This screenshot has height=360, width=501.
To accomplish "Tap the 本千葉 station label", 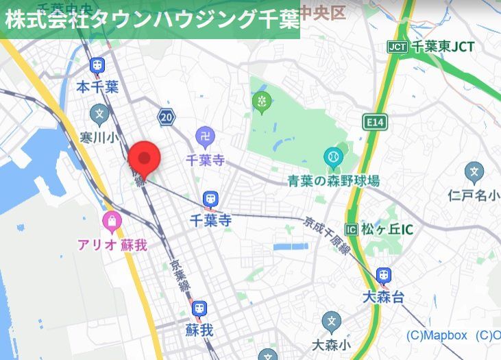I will [x=97, y=87].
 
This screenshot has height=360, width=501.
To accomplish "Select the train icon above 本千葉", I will [x=97, y=66].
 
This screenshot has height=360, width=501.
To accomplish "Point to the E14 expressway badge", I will [x=374, y=122].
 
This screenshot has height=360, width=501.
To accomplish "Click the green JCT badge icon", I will [x=398, y=47].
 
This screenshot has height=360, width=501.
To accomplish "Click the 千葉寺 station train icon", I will [x=210, y=200].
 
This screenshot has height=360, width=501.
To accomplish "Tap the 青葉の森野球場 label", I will [x=333, y=181].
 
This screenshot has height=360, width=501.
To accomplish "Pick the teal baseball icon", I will [x=333, y=158].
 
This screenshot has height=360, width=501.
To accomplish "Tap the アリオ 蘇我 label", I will [x=112, y=245].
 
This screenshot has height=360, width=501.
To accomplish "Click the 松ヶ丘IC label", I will [x=387, y=229].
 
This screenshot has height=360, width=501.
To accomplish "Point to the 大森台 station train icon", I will [x=383, y=275].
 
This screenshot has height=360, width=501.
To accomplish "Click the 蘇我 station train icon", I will [x=199, y=309].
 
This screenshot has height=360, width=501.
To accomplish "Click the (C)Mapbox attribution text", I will [x=437, y=335].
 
